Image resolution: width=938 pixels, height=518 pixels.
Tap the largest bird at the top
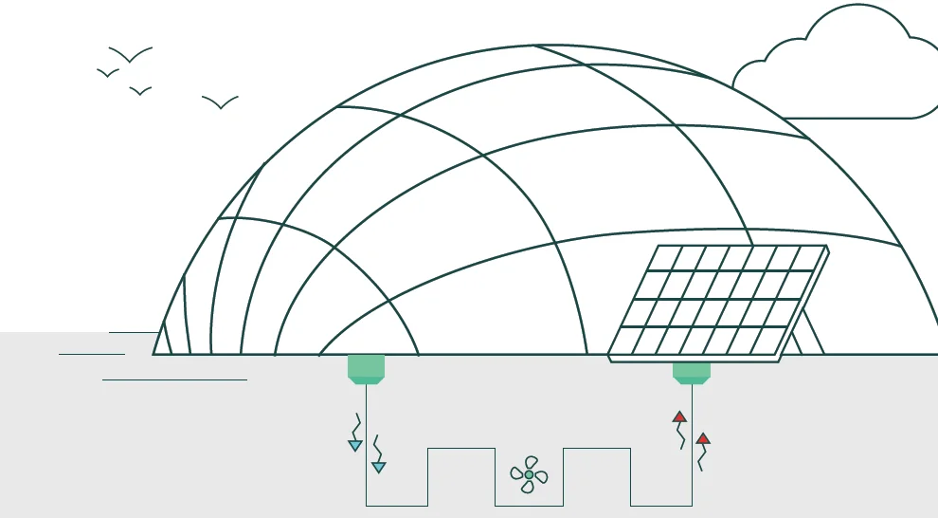coord(130,55)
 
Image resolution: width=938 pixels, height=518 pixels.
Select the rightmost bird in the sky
coord(220,102)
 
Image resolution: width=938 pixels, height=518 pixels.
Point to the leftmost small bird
coord(108,73)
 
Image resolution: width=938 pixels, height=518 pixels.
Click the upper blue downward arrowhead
coord(355,445)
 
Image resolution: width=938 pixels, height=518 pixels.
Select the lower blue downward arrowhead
coord(378,467)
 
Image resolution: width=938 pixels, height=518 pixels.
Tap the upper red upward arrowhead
coord(679,416)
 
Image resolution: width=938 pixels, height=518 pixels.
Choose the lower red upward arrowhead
coord(702,438)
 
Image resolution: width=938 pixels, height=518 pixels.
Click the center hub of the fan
coord(529,474)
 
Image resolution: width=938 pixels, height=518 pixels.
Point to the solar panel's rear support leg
coord(810,332)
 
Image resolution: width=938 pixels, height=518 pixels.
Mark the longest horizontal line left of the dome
coord(174,379)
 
